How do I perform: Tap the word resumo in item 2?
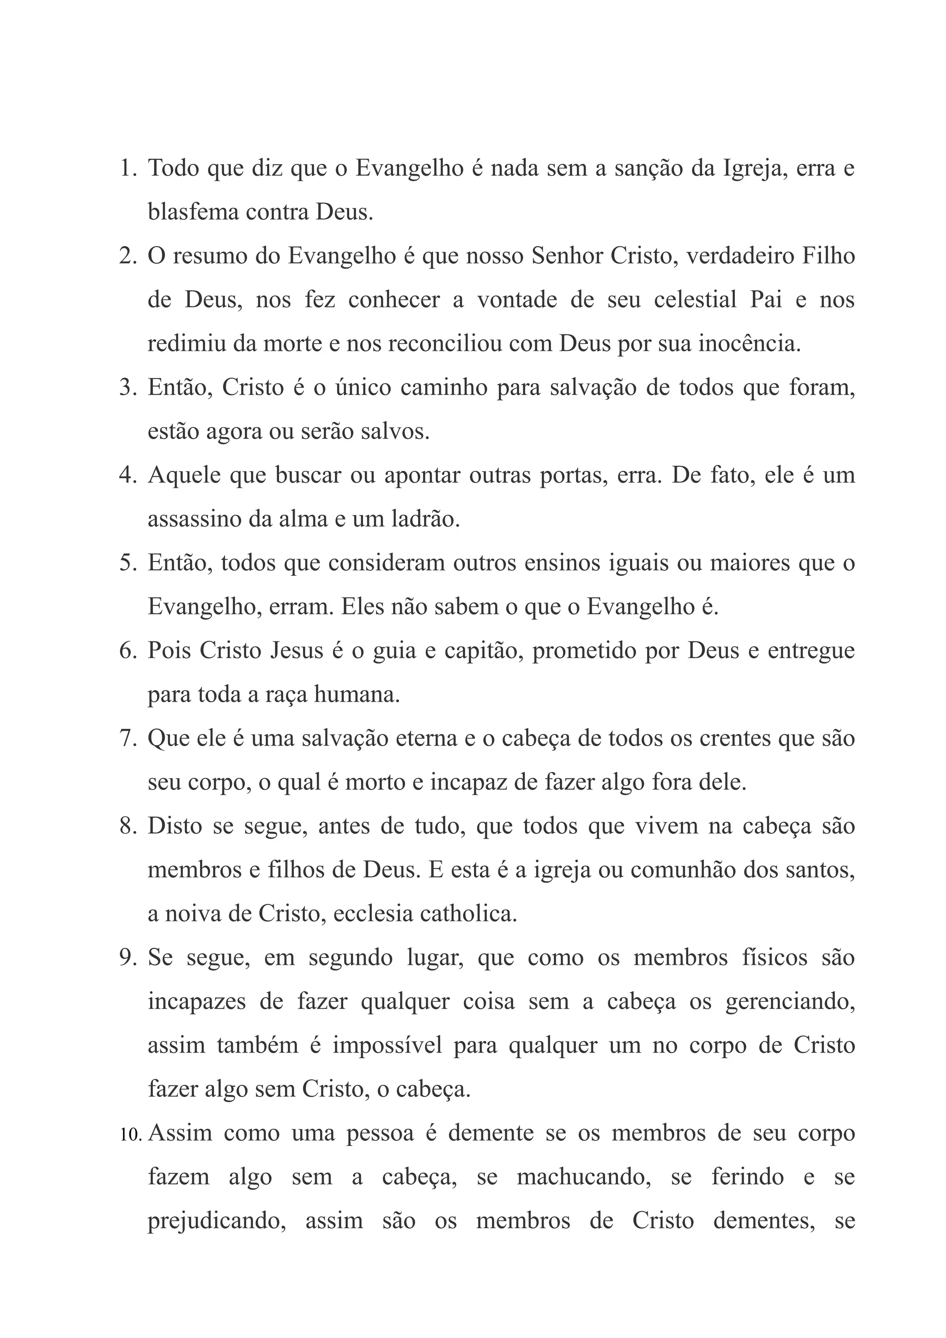pos(207,256)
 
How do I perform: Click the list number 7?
pos(127,739)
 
